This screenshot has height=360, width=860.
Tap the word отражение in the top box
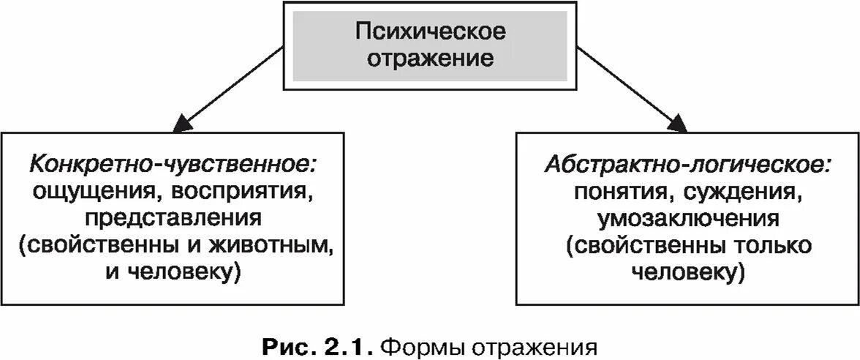point(430,58)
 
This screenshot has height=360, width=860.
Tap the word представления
point(173,218)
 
